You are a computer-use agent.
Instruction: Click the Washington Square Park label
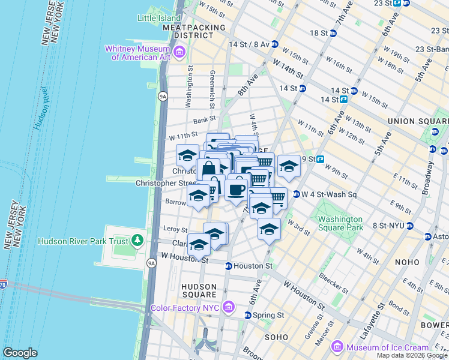pyautogui.click(x=340, y=223)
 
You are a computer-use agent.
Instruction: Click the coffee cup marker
pyautogui.click(x=236, y=189)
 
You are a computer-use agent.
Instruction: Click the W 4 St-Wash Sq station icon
pyautogui.click(x=296, y=194)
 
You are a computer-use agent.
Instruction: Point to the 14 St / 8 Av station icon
pyautogui.click(x=274, y=44)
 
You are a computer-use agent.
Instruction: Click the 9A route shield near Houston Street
pyautogui.click(x=150, y=262)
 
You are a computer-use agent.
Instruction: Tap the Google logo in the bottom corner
pyautogui.click(x=20, y=353)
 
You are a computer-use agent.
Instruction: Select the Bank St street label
pyautogui.click(x=204, y=120)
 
